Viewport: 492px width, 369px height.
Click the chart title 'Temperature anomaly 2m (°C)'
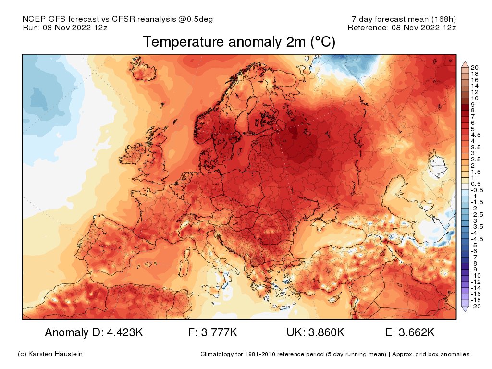pyautogui.click(x=239, y=42)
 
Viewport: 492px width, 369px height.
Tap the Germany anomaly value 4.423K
pyautogui.click(x=94, y=332)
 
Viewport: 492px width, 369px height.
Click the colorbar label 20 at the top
pyautogui.click(x=474, y=67)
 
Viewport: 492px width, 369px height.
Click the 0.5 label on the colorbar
pyautogui.click(x=475, y=184)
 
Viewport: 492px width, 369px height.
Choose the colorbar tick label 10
pyautogui.click(x=474, y=98)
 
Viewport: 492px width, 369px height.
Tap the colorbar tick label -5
pyautogui.click(x=474, y=245)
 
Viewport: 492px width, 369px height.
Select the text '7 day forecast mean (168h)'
pyautogui.click(x=404, y=19)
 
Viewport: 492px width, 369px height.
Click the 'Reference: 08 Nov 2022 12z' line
pyautogui.click(x=402, y=27)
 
